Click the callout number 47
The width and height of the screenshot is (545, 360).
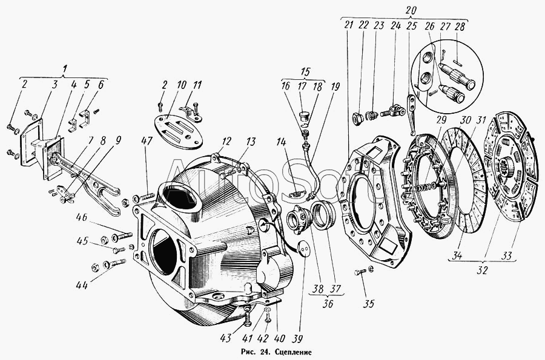pos(148,142)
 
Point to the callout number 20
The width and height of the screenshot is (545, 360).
pos(411,10)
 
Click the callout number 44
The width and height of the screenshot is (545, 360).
pos(82,285)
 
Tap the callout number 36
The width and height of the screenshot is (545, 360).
pos(328,303)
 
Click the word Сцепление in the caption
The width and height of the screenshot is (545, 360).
pos(293,352)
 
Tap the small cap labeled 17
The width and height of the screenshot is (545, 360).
pos(305,115)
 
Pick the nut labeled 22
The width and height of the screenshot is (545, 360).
pos(358,118)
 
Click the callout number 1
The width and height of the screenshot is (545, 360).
pos(64,70)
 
